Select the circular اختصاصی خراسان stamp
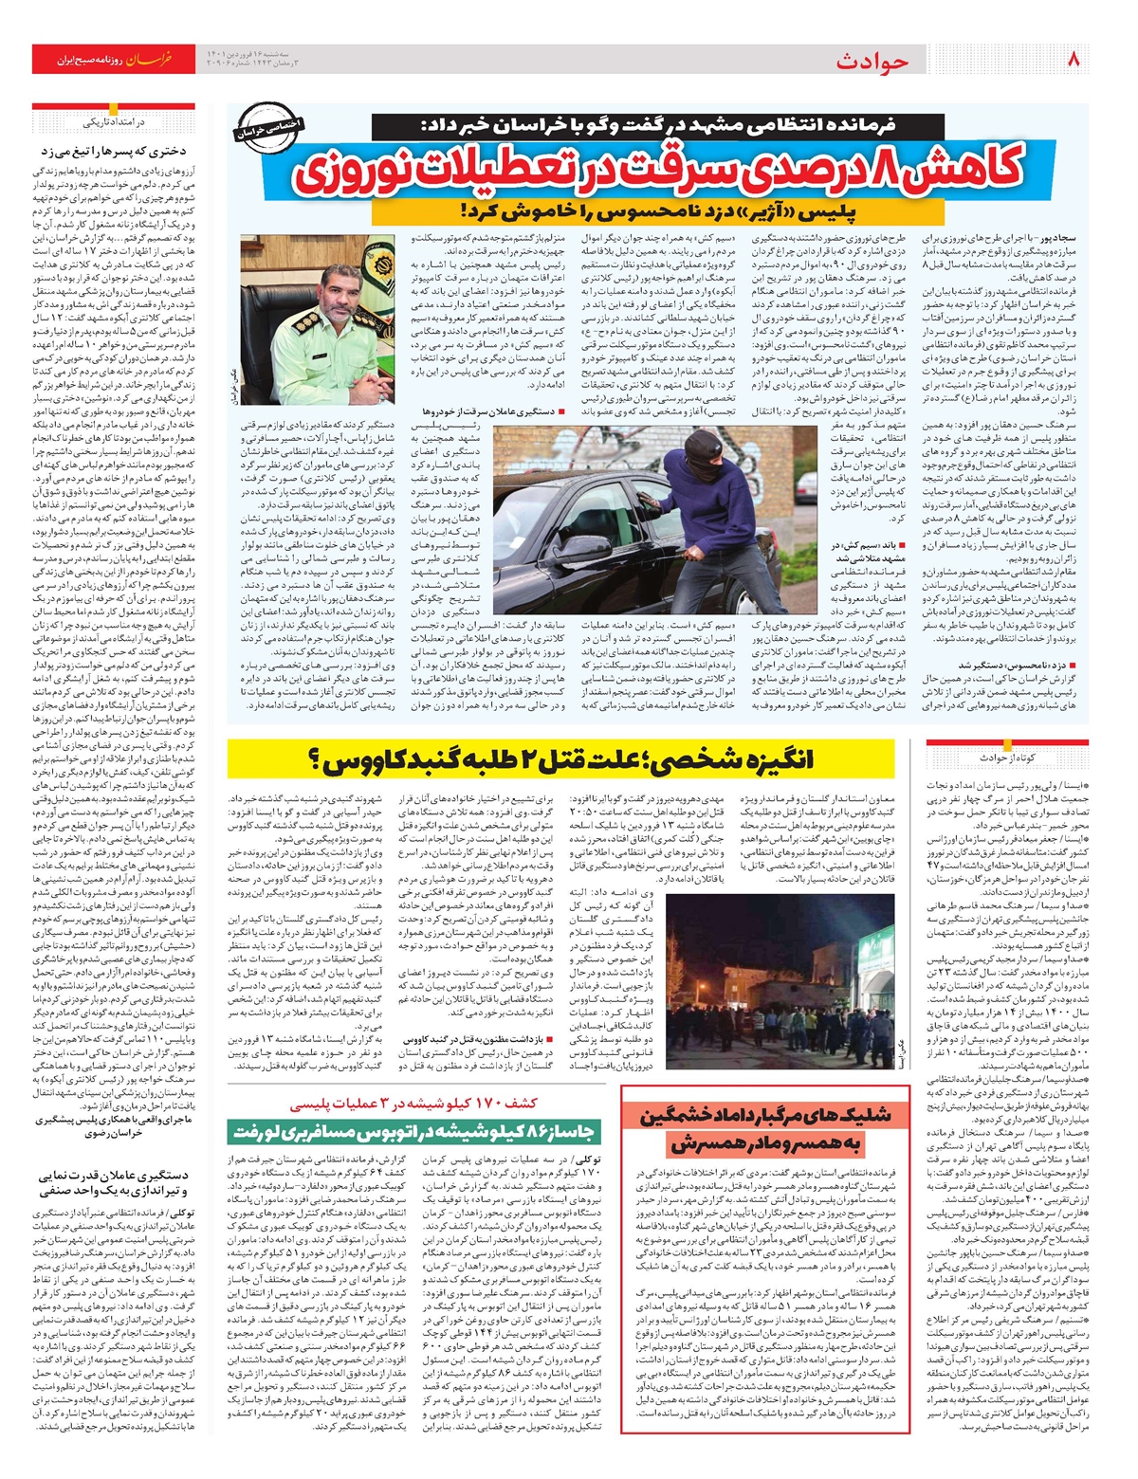(x=256, y=133)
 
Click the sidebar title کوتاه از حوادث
(x=1006, y=758)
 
